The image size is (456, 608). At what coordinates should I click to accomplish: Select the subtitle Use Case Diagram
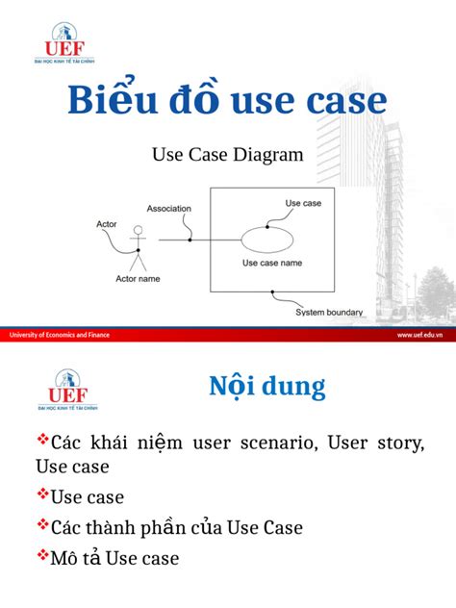click(x=228, y=154)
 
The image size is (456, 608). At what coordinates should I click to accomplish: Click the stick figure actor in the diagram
click(x=138, y=248)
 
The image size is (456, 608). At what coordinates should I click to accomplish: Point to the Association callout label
click(x=168, y=208)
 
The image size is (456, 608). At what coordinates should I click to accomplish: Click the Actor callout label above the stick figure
click(x=106, y=224)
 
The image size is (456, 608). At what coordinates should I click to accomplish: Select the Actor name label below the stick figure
click(x=138, y=280)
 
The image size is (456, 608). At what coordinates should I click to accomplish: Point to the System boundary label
click(x=329, y=312)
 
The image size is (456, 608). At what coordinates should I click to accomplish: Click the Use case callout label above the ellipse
click(x=303, y=203)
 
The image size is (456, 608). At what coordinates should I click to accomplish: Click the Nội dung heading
click(x=266, y=387)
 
